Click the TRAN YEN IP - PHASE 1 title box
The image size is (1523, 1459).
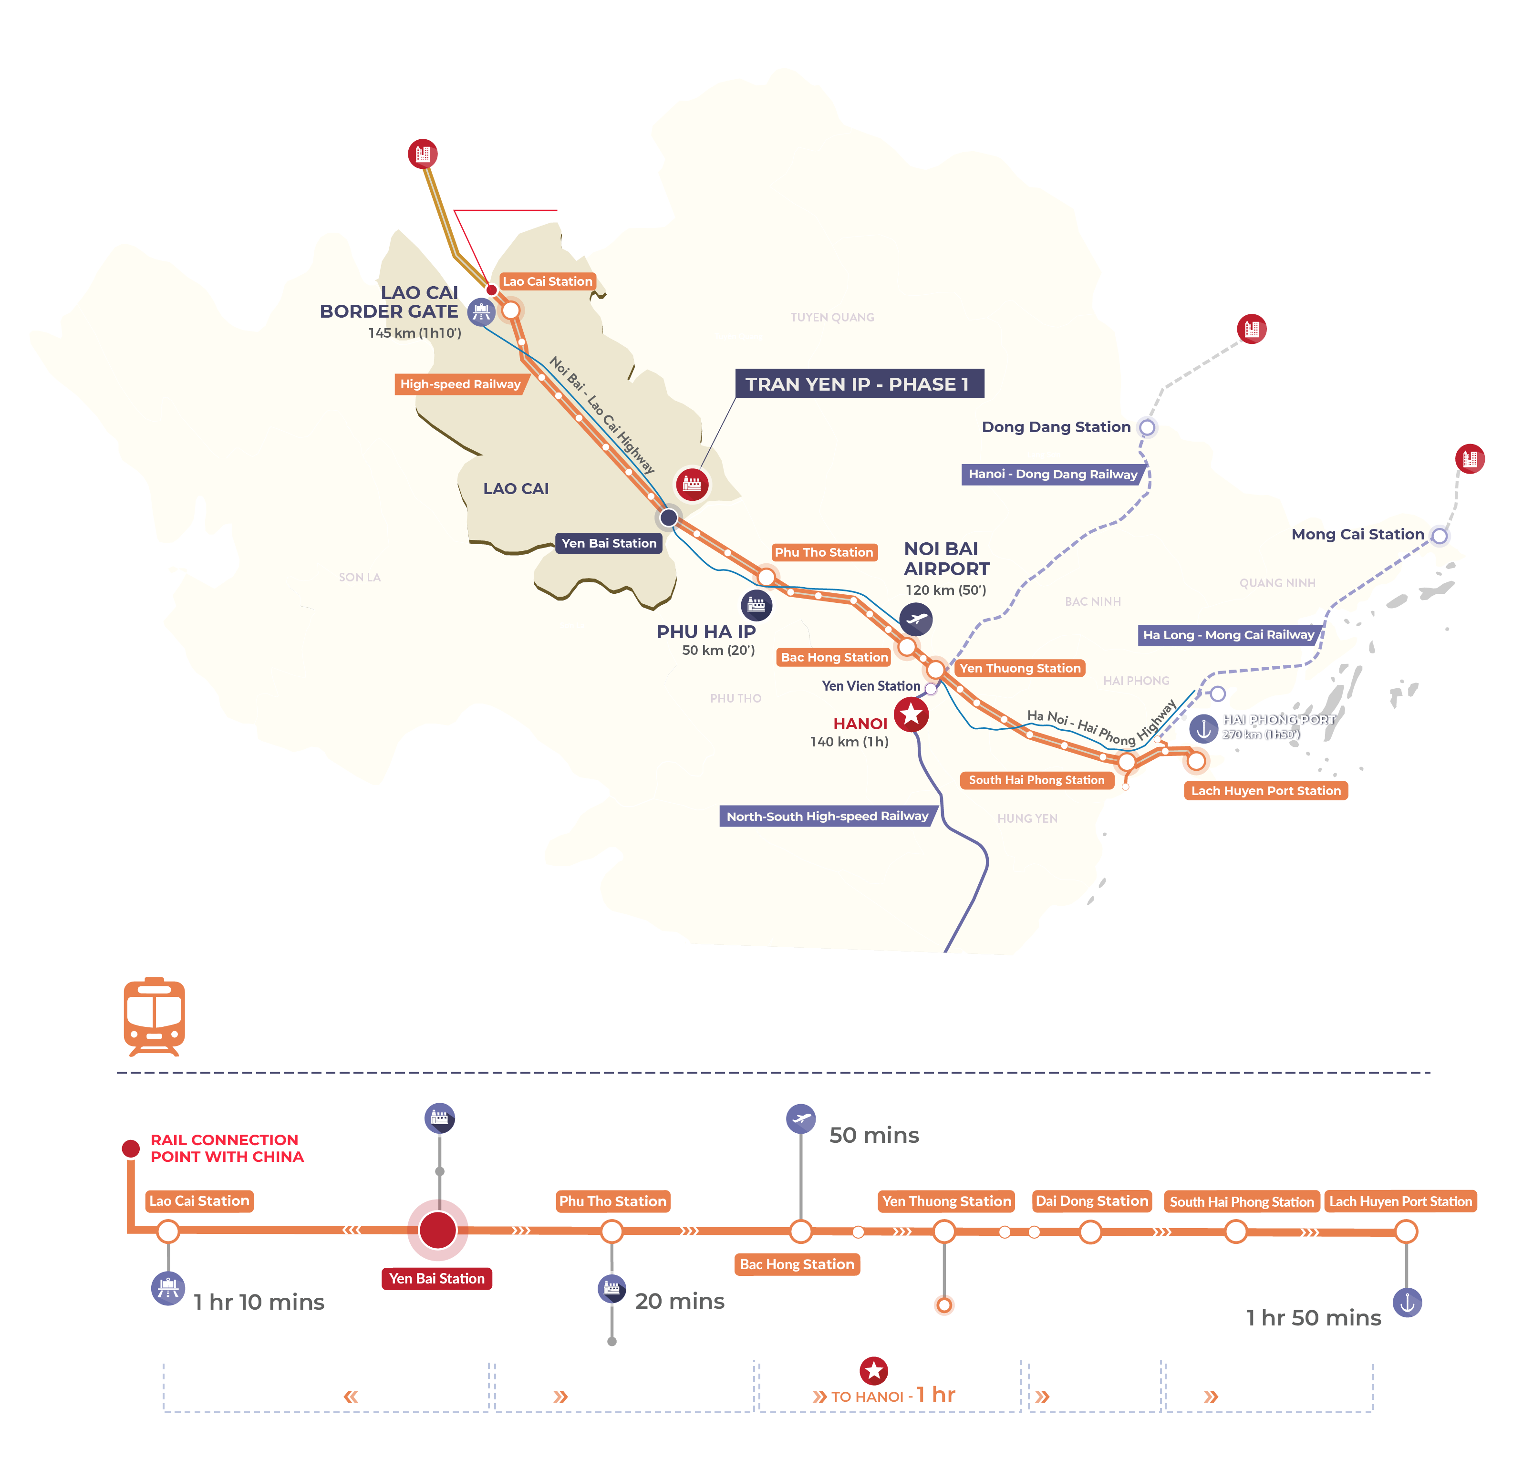[859, 384]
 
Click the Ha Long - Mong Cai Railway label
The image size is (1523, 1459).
[1228, 635]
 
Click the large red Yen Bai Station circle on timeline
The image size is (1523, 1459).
[437, 1230]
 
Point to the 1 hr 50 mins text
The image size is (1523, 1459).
[1313, 1318]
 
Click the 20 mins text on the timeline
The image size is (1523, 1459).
[679, 1301]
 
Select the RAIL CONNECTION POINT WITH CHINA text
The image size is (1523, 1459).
[226, 1148]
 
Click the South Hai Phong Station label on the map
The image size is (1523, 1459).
[1036, 780]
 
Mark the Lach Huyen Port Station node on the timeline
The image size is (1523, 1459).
[1406, 1231]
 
